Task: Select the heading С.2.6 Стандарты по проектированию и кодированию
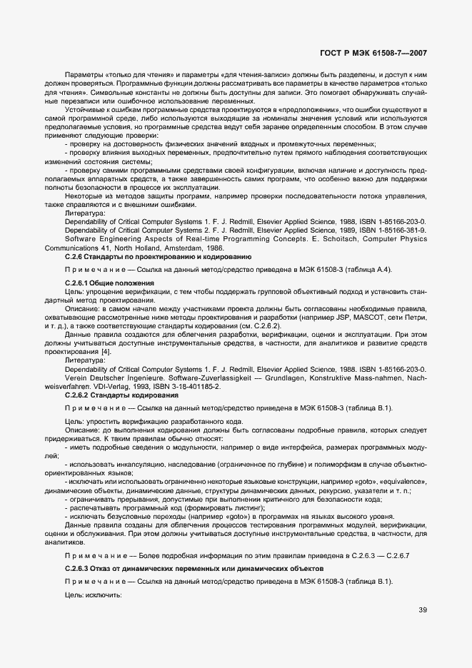point(157,256)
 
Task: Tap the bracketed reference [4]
point(106,352)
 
